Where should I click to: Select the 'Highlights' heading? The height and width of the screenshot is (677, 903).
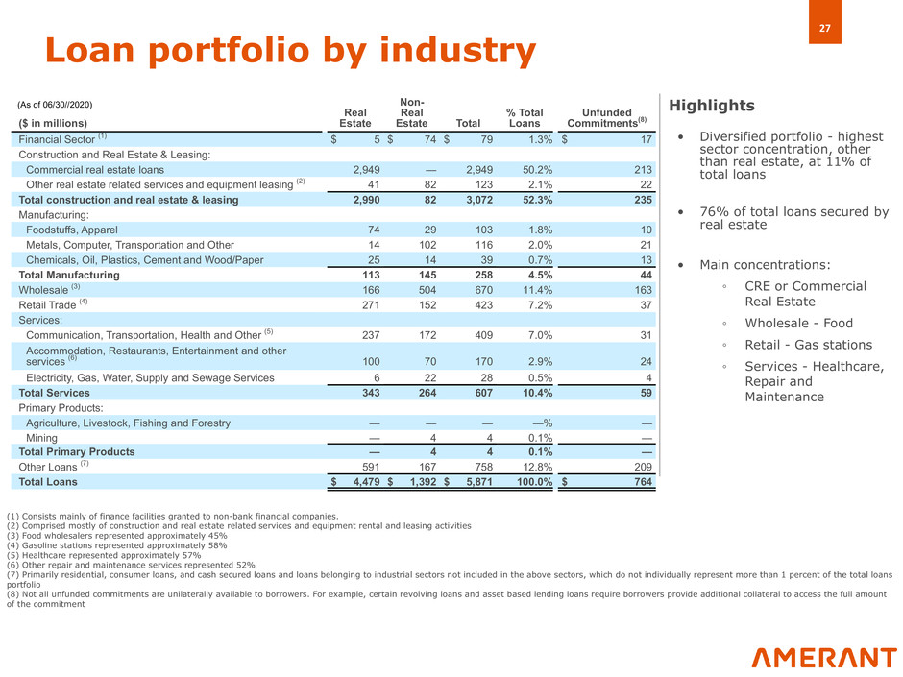pyautogui.click(x=712, y=106)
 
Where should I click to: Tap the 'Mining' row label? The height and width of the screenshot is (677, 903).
pyautogui.click(x=43, y=437)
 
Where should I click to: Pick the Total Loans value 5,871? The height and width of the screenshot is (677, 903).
pyautogui.click(x=472, y=481)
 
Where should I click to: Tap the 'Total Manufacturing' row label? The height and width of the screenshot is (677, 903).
pyautogui.click(x=69, y=275)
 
